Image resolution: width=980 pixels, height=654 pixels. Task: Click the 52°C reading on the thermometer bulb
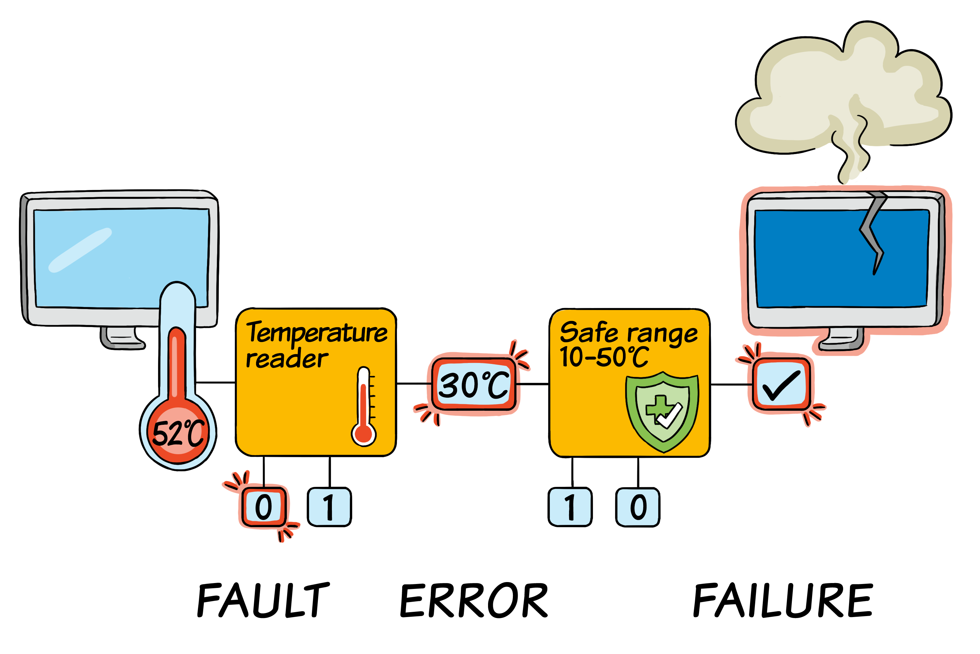click(x=179, y=433)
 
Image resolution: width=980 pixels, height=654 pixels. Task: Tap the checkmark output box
click(x=781, y=385)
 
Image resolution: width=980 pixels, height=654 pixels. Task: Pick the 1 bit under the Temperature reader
click(x=329, y=507)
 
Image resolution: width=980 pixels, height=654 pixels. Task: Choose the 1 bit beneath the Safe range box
click(x=570, y=507)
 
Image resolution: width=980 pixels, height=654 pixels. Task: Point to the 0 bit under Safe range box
click(x=638, y=507)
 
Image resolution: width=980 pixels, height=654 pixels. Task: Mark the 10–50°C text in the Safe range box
click(x=604, y=357)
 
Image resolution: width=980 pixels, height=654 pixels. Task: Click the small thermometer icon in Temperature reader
click(x=364, y=407)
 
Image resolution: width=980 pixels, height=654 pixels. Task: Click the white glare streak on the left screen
click(x=80, y=250)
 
